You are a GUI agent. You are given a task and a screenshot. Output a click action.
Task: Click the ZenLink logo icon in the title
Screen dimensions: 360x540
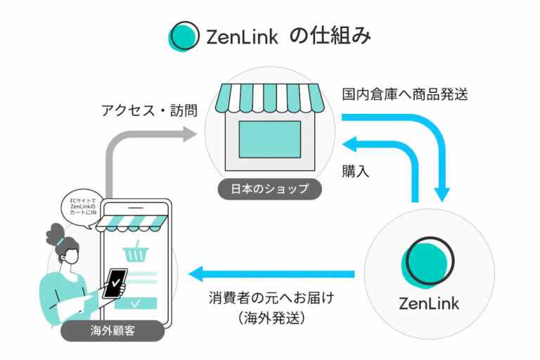pyautogui.click(x=184, y=36)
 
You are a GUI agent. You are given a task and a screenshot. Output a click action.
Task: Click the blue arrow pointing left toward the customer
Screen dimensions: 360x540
pyautogui.click(x=204, y=274)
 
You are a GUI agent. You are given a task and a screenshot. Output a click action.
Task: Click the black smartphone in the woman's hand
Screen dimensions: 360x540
pyautogui.click(x=114, y=283)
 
